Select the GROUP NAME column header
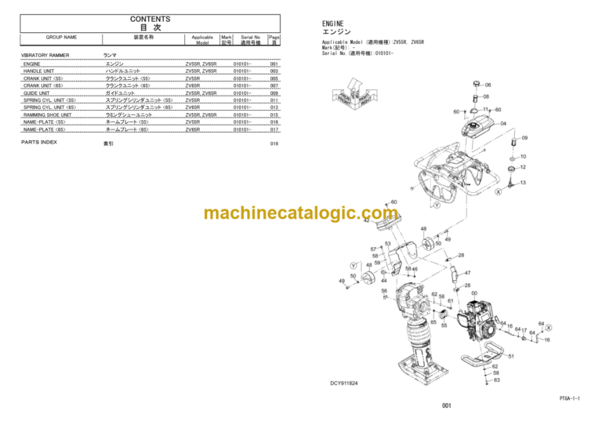[x=61, y=37]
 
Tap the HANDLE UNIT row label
[x=39, y=71]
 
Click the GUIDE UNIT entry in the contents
[x=37, y=93]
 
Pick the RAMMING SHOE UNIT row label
[x=47, y=115]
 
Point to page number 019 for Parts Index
[x=274, y=144]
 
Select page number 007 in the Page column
[x=274, y=86]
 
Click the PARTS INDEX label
[x=39, y=143]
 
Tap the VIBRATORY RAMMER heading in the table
[x=45, y=56]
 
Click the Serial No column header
[x=251, y=37]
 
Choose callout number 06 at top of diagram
[x=488, y=85]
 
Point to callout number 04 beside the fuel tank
[x=503, y=123]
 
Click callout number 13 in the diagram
[x=523, y=182]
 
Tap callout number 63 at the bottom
[x=495, y=380]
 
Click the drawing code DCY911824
[x=346, y=383]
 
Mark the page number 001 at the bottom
[x=446, y=406]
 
